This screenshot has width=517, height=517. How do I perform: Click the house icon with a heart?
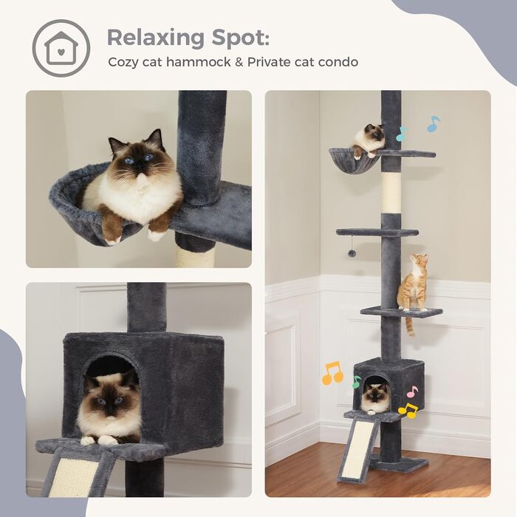pyautogui.click(x=61, y=48)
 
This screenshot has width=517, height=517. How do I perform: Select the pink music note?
pyautogui.click(x=412, y=391)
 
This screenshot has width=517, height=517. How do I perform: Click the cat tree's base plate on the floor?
pyautogui.click(x=400, y=465)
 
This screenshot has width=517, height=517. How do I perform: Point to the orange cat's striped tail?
pyautogui.click(x=408, y=325)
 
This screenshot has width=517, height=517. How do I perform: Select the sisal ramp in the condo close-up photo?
pyautogui.click(x=74, y=476)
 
